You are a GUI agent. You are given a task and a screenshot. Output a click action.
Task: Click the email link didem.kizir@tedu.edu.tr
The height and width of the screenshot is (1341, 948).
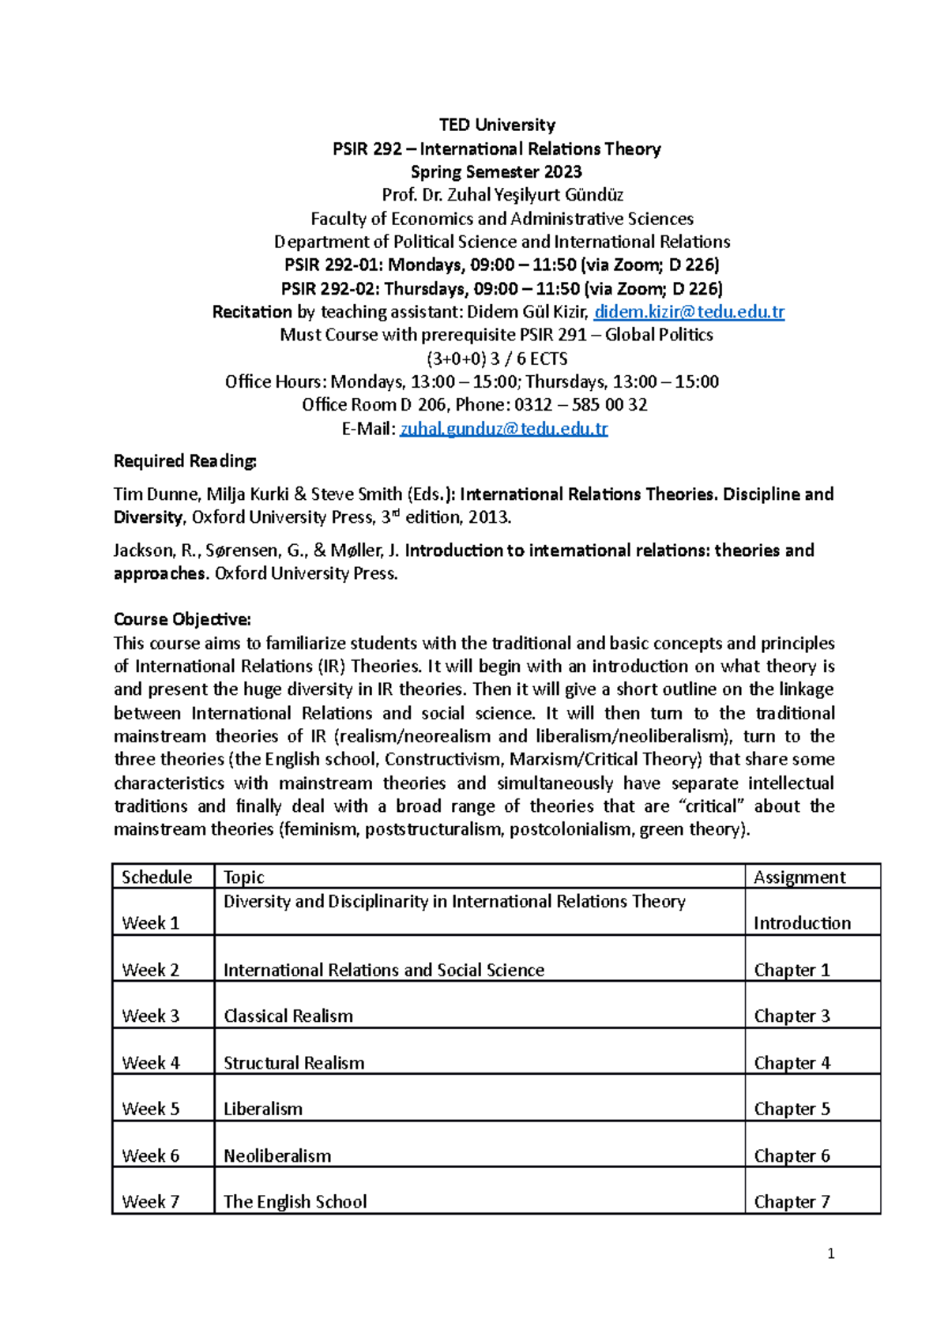(x=689, y=312)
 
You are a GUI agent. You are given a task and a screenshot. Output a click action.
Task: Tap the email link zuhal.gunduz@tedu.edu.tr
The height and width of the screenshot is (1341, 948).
(x=504, y=429)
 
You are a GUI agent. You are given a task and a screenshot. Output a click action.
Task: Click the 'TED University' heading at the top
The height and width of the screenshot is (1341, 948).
(x=497, y=125)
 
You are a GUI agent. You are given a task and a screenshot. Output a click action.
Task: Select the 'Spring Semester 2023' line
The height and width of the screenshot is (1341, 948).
(x=496, y=172)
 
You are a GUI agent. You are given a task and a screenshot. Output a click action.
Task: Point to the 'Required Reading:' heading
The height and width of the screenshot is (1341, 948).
(x=185, y=461)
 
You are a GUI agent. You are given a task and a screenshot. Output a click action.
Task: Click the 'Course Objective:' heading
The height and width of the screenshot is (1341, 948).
(x=182, y=619)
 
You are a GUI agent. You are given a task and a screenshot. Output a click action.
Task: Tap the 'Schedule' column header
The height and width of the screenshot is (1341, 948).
(x=156, y=877)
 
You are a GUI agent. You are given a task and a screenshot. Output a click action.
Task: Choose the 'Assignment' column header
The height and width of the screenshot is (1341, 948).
(x=799, y=877)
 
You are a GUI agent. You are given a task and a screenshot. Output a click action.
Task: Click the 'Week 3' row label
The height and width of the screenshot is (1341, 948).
(x=151, y=1016)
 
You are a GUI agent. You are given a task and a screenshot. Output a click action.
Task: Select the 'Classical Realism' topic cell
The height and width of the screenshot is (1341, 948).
(x=288, y=1016)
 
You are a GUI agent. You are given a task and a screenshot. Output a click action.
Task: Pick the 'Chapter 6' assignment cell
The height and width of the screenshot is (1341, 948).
(x=792, y=1156)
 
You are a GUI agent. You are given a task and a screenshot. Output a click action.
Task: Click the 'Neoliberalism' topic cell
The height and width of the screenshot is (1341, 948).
(x=277, y=1156)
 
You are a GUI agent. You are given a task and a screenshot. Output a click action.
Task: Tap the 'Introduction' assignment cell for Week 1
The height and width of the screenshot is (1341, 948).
(x=802, y=923)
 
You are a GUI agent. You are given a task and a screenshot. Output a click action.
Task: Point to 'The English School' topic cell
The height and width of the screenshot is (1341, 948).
(x=295, y=1202)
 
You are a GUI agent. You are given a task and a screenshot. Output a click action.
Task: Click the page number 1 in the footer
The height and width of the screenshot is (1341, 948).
(x=830, y=1253)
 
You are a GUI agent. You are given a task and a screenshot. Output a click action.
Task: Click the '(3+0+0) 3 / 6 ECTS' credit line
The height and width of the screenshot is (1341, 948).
(x=497, y=359)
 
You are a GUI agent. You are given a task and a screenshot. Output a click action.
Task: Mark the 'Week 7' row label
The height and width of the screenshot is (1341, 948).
(x=151, y=1202)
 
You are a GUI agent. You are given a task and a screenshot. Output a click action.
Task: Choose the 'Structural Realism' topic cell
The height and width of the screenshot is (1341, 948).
(x=294, y=1063)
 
